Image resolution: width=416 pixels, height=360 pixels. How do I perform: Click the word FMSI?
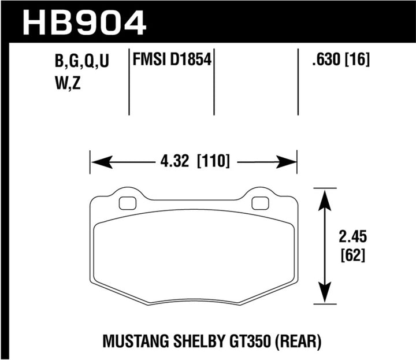click(150, 60)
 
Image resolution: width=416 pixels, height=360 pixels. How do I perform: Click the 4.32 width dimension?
click(177, 162)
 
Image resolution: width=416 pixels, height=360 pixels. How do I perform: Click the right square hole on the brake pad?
click(260, 203)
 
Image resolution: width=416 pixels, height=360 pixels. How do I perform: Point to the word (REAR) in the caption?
click(302, 340)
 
